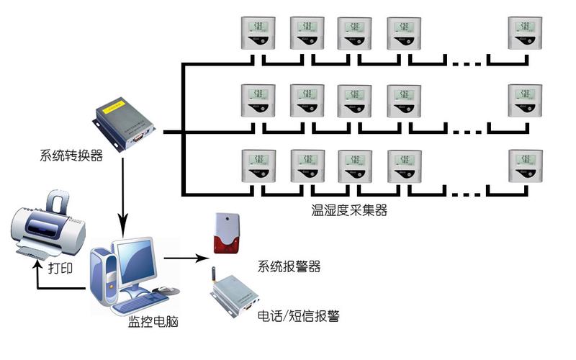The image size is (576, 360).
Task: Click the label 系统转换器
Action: coord(71,156)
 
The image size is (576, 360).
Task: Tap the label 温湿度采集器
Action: coord(348,211)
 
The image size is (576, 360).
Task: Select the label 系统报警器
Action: coord(289,266)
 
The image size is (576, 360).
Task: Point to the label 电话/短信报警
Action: coord(298,315)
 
